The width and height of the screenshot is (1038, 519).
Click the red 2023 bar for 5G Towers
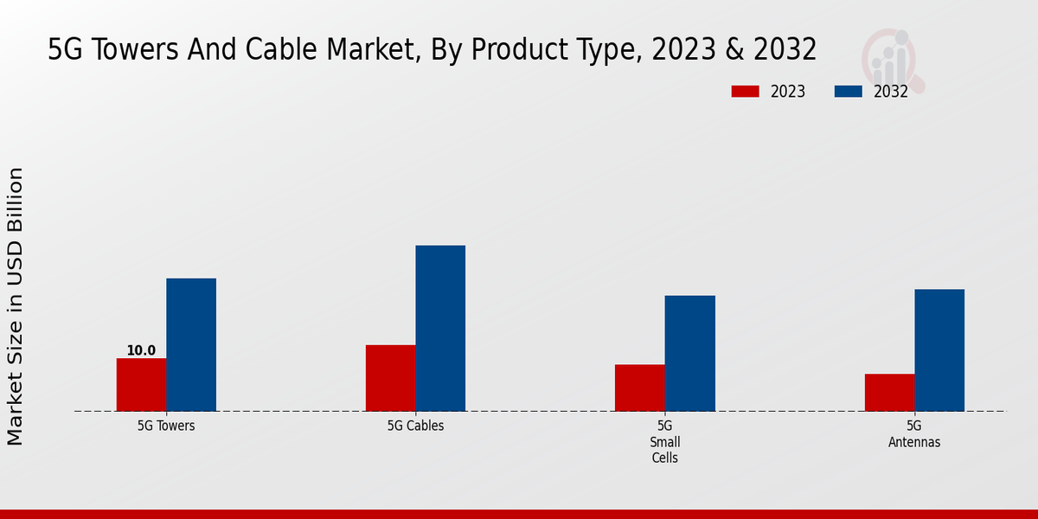click(x=141, y=385)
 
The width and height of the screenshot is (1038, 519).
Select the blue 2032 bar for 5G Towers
click(x=191, y=344)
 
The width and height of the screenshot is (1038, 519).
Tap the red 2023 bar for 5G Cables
click(x=390, y=378)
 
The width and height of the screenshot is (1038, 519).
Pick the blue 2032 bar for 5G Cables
click(x=440, y=328)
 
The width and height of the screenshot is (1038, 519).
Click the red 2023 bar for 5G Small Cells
click(x=640, y=388)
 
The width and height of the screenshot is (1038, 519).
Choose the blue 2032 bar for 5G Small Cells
click(x=690, y=353)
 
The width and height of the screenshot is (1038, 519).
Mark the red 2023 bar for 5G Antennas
click(x=889, y=393)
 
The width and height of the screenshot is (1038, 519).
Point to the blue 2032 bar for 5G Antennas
click(x=939, y=349)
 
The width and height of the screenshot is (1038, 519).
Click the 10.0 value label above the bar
click(x=141, y=350)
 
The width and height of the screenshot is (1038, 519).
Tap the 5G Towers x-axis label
click(x=166, y=426)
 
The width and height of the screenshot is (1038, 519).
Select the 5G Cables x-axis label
click(x=415, y=426)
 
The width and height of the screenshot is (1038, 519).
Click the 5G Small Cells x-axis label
click(x=665, y=441)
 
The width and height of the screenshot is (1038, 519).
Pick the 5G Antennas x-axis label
click(x=914, y=433)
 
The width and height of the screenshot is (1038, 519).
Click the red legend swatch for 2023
click(x=745, y=92)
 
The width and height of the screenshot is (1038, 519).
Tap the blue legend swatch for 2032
click(x=848, y=92)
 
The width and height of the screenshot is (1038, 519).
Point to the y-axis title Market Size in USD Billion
click(x=16, y=307)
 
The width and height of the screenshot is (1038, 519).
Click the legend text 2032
click(x=891, y=92)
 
